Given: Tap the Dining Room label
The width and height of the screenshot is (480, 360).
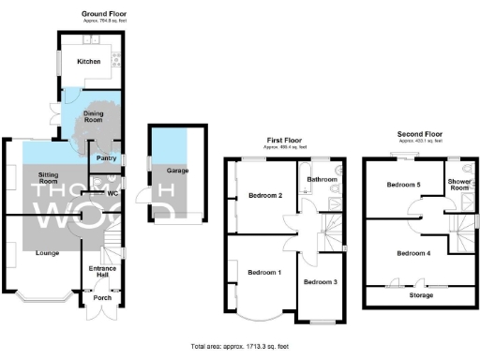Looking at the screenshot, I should pyautogui.click(x=92, y=117).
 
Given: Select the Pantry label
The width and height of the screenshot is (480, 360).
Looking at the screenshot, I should pyautogui.click(x=106, y=158).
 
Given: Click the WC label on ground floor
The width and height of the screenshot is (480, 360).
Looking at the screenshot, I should pyautogui.click(x=112, y=194).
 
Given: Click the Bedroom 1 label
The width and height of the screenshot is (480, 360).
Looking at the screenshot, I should pyautogui.click(x=263, y=273).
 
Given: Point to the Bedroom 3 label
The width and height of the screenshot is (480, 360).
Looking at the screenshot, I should pyautogui.click(x=320, y=282).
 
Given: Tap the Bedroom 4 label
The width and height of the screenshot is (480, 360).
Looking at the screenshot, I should pyautogui.click(x=413, y=253).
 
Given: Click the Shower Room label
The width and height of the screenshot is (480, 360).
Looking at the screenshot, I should pyautogui.click(x=459, y=184).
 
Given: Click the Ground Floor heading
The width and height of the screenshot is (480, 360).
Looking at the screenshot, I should pyautogui.click(x=104, y=15).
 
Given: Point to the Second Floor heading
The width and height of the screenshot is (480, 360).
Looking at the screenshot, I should pyautogui.click(x=418, y=134).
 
